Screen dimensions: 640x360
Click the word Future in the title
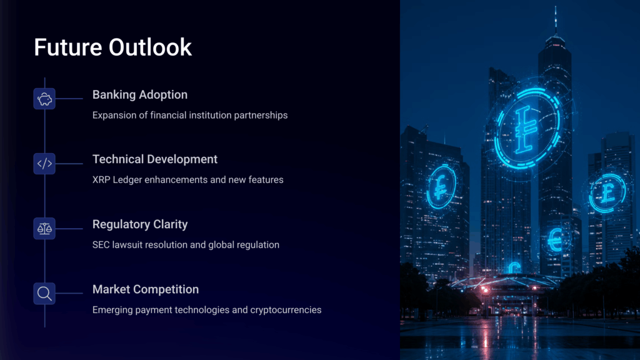point(67,47)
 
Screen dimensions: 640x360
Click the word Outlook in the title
point(150,47)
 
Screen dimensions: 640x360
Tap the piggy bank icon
point(44,99)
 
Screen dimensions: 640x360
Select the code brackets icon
point(44,164)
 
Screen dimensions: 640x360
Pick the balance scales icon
point(44,229)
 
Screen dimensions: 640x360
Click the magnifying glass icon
point(44,294)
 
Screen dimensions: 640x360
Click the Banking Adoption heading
point(140,95)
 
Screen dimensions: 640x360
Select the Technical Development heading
point(155,159)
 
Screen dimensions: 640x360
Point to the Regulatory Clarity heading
point(140,224)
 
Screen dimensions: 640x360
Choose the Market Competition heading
point(145,289)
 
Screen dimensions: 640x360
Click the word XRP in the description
point(101,179)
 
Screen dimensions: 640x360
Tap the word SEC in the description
point(101,245)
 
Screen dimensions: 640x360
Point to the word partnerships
point(261,116)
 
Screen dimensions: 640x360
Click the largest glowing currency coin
point(527,129)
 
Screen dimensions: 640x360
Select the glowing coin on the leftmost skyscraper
point(441,187)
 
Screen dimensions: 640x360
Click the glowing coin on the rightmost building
point(607,192)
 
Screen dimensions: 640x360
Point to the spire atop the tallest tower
point(555,21)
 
